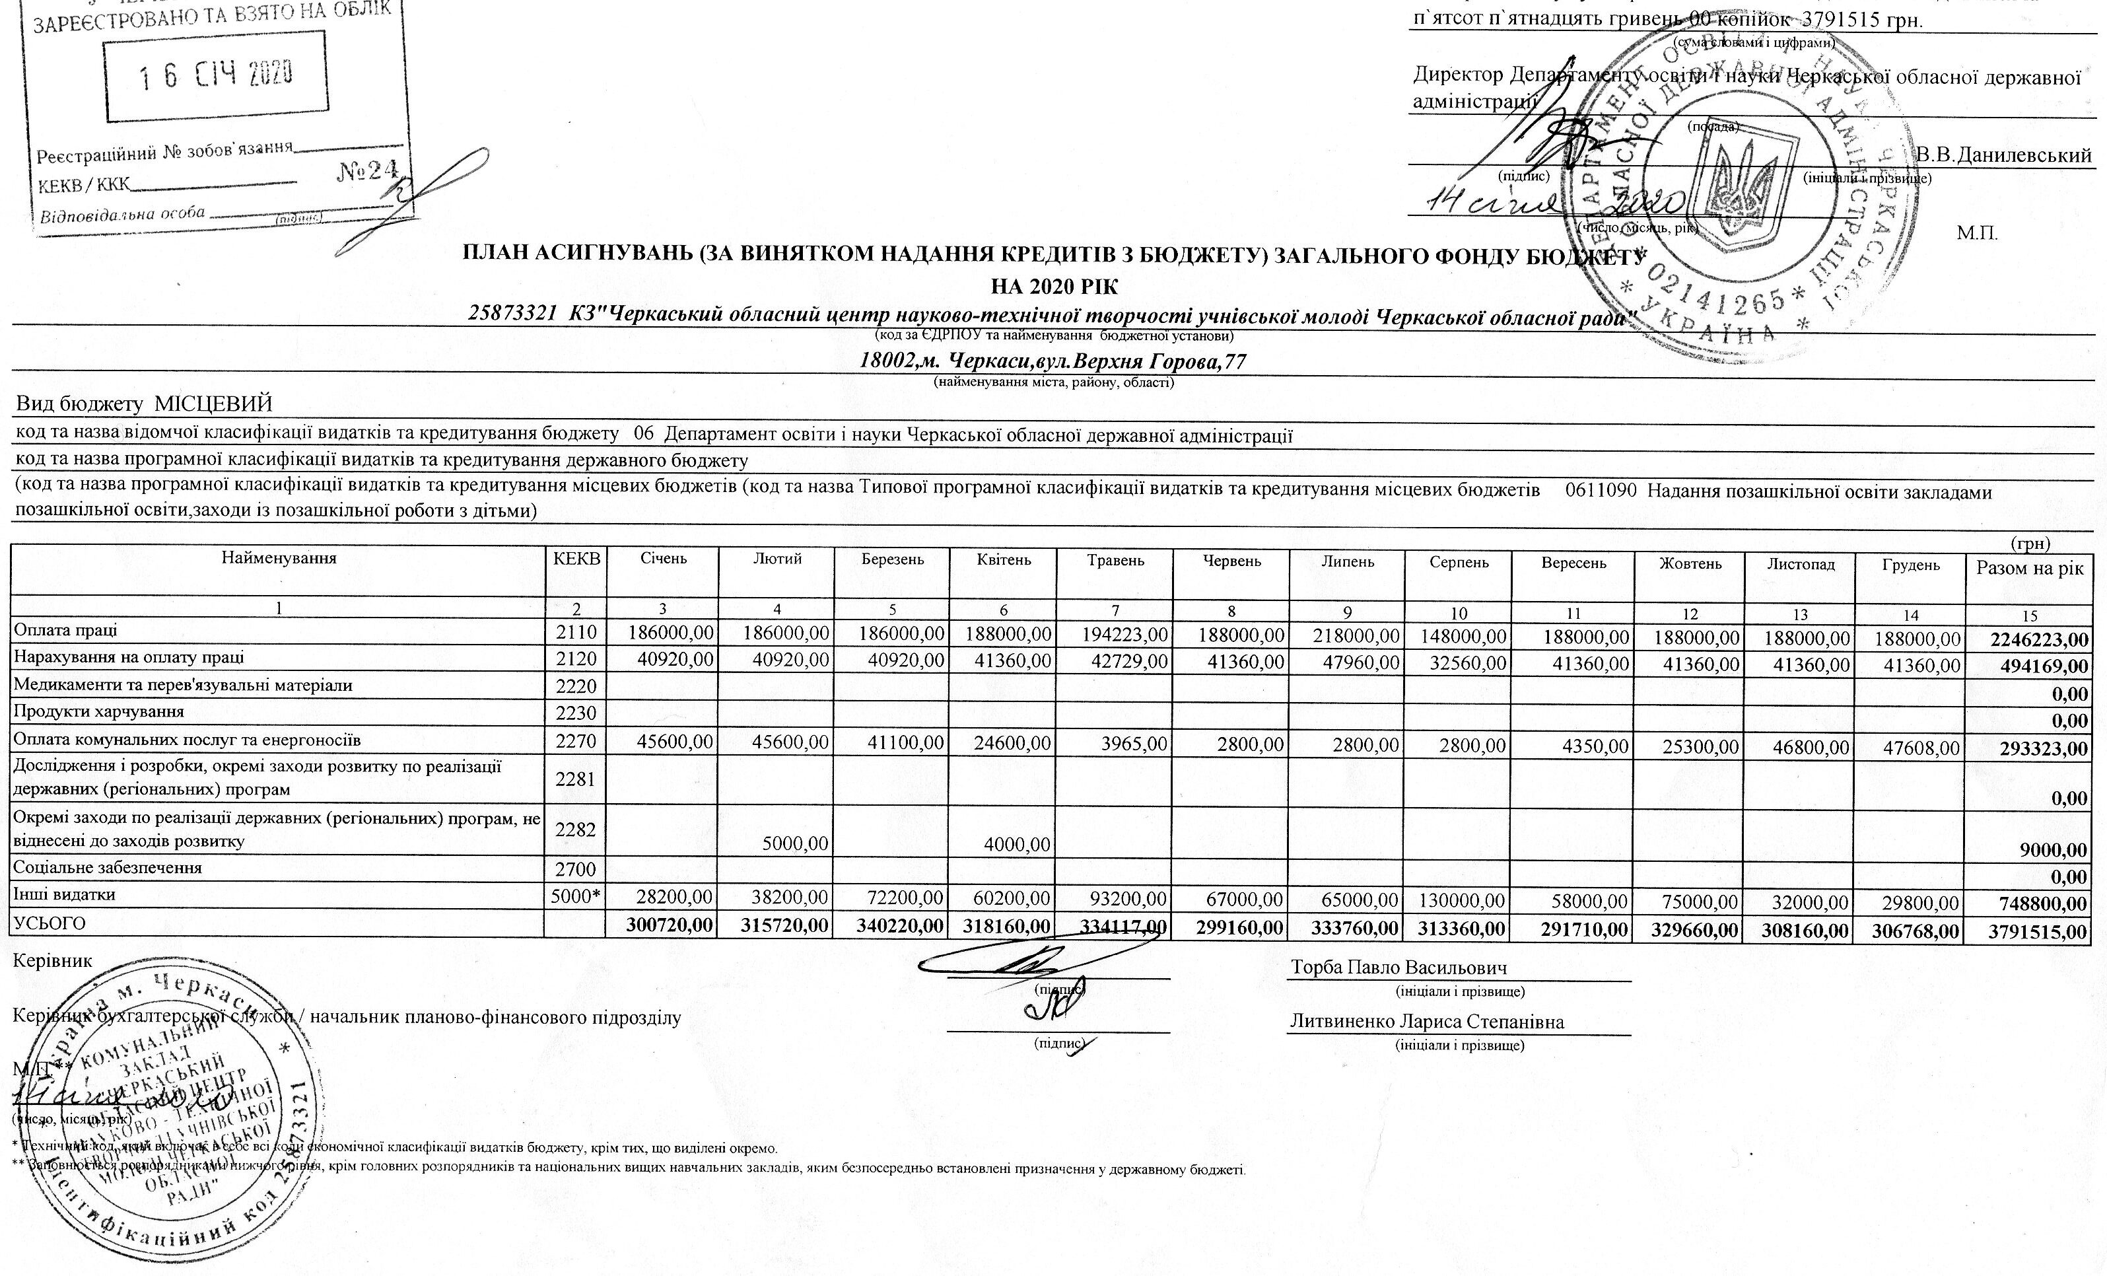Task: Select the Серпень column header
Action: (x=1459, y=562)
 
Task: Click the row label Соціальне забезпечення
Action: (x=108, y=867)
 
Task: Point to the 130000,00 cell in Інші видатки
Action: (x=1463, y=901)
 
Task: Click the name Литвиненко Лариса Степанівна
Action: (x=1427, y=1021)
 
